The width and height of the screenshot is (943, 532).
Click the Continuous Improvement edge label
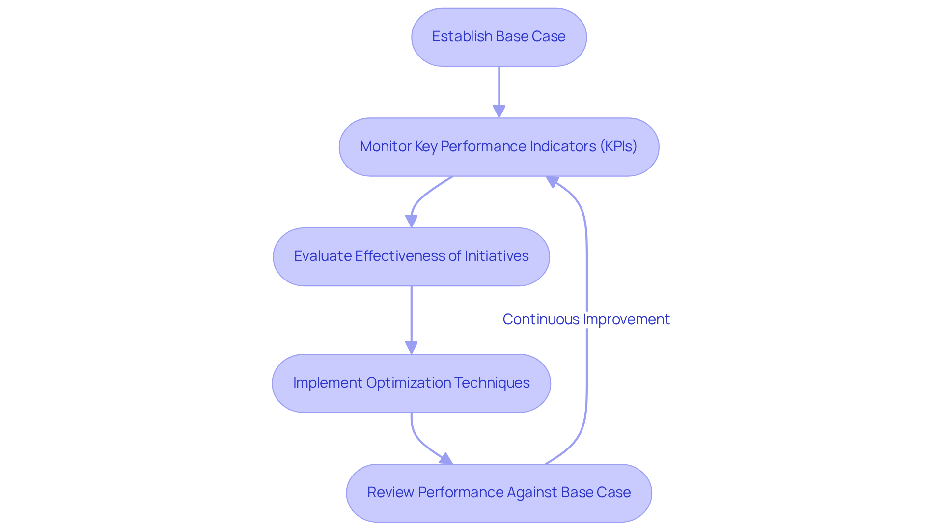pos(586,319)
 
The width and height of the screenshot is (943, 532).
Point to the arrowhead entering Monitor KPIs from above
pos(499,112)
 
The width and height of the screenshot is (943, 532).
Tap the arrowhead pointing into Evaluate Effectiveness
pos(412,221)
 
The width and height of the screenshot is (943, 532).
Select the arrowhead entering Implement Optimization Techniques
pos(412,348)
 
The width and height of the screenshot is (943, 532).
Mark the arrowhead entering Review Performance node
pos(445,459)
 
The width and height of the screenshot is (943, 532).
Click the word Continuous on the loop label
pos(541,319)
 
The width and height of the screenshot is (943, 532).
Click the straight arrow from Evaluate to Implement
pos(412,314)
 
